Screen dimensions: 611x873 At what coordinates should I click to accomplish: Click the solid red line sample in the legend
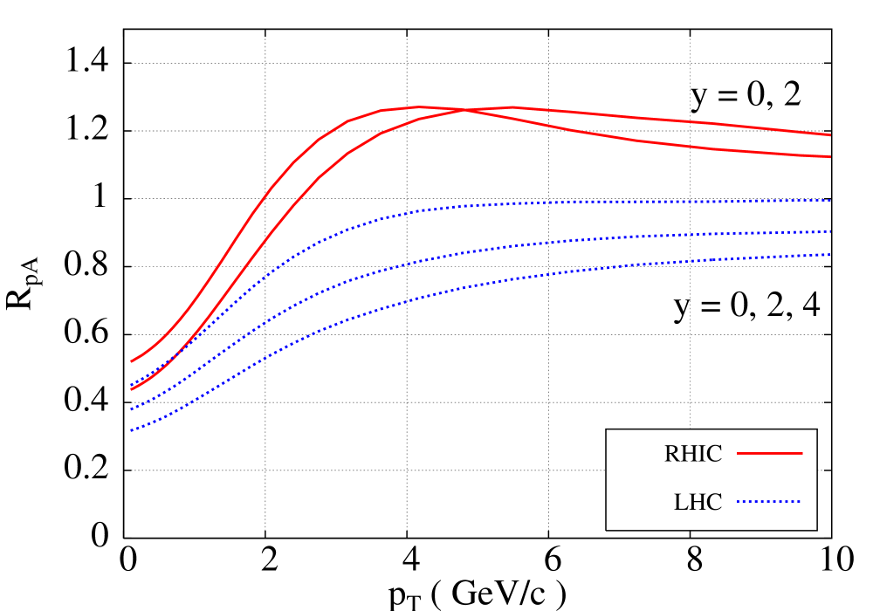click(x=769, y=453)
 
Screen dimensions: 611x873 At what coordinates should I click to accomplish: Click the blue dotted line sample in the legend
click(x=769, y=502)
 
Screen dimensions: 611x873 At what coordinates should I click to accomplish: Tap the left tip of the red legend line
click(x=738, y=453)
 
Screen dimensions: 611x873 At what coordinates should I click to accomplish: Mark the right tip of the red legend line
click(x=801, y=453)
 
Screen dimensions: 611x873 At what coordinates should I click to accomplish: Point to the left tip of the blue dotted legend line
click(x=738, y=502)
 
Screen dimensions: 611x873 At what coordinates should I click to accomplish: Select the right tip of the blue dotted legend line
click(x=801, y=502)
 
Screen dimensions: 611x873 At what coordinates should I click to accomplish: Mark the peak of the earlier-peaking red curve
click(x=420, y=106)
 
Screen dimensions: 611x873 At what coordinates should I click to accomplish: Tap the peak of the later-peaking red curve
click(x=511, y=107)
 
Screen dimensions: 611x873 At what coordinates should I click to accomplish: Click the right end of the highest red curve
click(x=830, y=135)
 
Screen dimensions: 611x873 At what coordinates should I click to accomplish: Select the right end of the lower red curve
click(x=830, y=157)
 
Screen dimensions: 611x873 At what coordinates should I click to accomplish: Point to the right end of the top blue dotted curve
click(x=830, y=201)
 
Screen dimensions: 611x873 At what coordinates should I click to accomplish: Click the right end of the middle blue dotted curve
click(x=830, y=232)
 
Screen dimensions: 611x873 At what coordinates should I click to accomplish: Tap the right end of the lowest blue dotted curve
click(x=830, y=255)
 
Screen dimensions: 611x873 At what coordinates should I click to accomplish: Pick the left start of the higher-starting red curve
click(x=132, y=360)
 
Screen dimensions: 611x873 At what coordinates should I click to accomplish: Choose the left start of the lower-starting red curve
click(x=132, y=388)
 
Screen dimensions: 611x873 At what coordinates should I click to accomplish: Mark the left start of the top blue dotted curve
click(x=132, y=385)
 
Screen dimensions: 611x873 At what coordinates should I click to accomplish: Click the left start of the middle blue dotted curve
click(x=132, y=408)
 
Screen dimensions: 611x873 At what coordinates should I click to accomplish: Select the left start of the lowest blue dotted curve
click(x=132, y=430)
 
